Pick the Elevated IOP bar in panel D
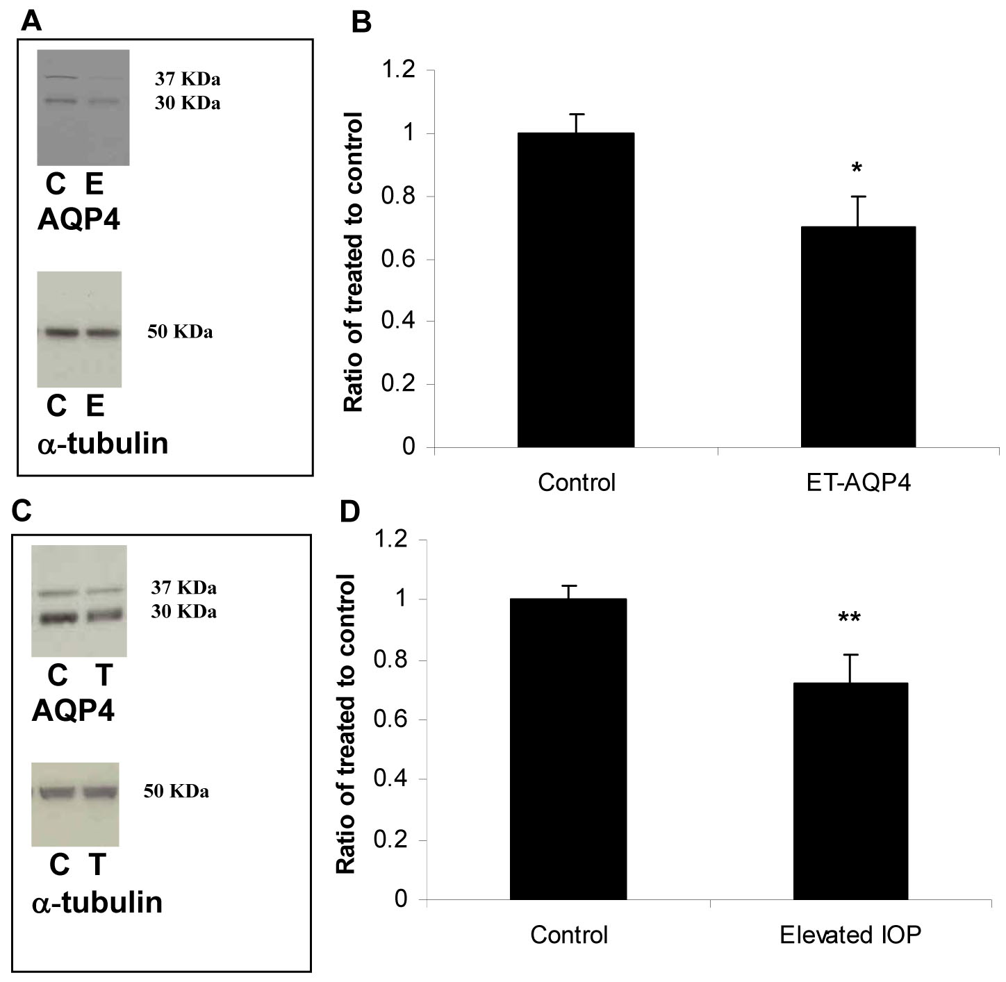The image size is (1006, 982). [850, 792]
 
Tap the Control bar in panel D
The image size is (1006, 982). [568, 749]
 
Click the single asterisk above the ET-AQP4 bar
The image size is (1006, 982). [857, 169]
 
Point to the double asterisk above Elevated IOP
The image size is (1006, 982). [849, 619]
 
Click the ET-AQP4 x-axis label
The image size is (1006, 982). [858, 482]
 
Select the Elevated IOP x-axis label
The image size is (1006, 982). [850, 935]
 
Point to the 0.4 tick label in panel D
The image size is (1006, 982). [390, 779]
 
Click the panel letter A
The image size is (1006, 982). [31, 22]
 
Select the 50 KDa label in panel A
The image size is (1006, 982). [180, 332]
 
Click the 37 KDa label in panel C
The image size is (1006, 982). [184, 588]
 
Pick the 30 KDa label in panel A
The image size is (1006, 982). [188, 103]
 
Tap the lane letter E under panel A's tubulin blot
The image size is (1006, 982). [95, 406]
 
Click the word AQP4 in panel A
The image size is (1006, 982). [79, 220]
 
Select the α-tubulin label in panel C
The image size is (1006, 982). [97, 903]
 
